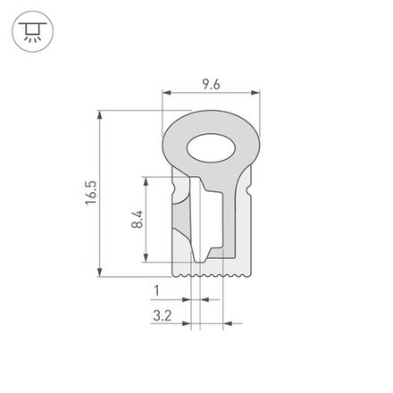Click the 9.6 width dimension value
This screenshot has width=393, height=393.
pos(210,84)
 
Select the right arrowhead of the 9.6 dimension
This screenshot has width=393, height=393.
pos(255,93)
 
